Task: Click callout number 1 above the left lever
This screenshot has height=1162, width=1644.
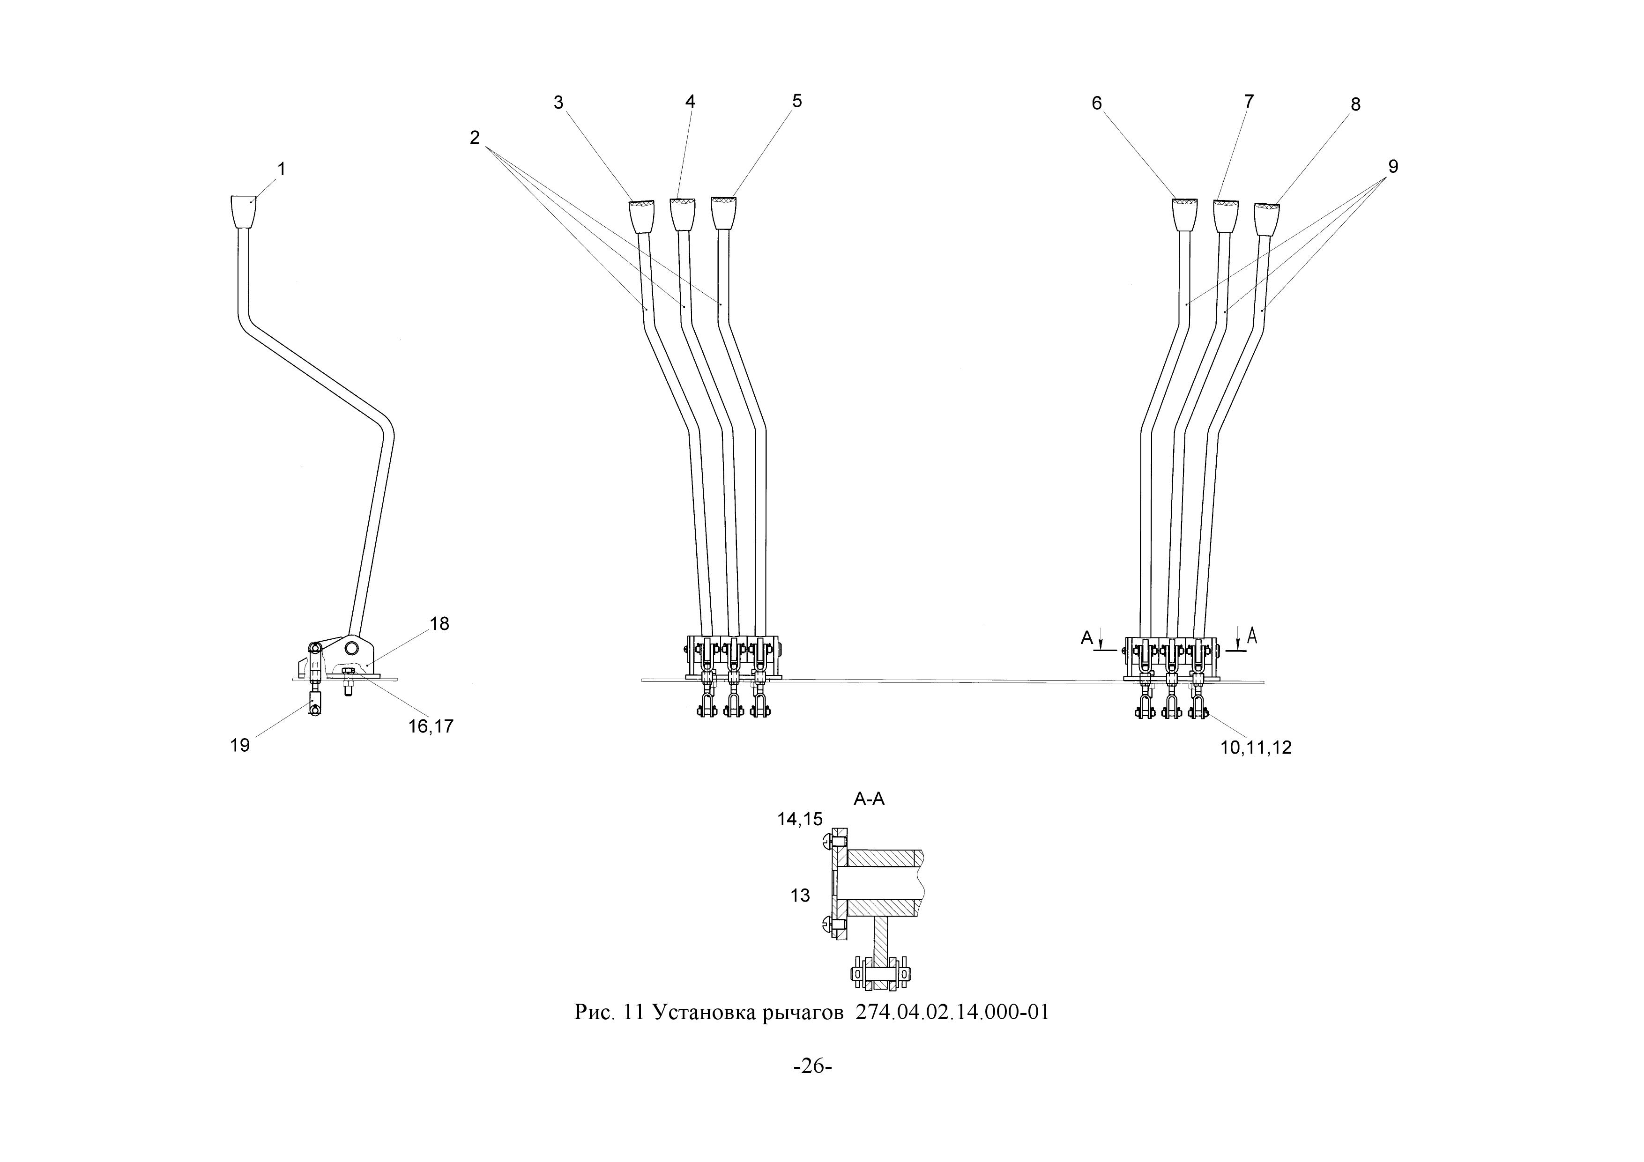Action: [282, 169]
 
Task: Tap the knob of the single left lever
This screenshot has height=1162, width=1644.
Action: [244, 211]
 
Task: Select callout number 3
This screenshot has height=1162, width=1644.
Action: [558, 103]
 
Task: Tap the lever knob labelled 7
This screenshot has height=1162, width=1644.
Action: [1226, 216]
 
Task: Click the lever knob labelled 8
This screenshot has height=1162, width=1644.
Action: [1267, 220]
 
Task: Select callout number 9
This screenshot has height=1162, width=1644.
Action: [1393, 166]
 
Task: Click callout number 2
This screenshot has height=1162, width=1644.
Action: [475, 138]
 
